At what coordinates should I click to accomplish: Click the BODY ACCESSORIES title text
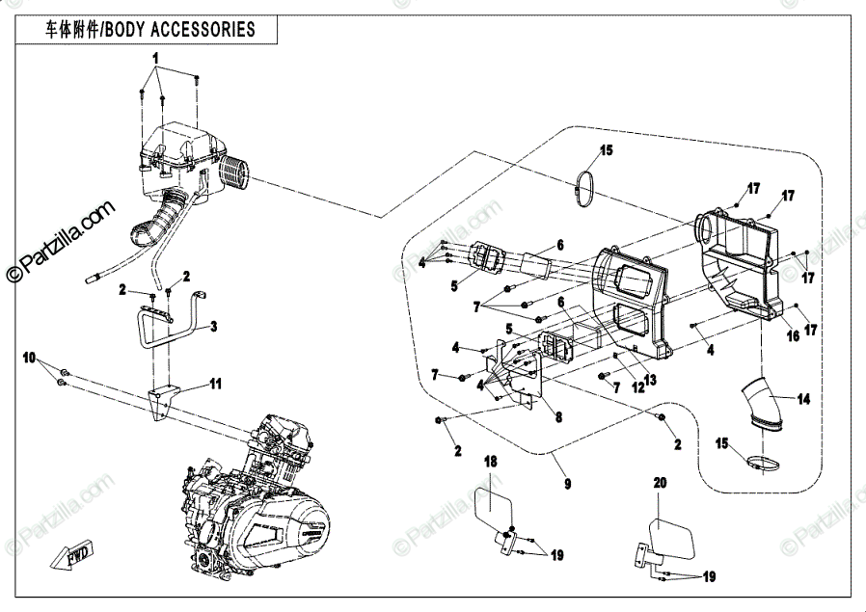(150, 30)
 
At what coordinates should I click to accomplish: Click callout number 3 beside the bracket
(214, 327)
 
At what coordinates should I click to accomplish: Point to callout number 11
(216, 384)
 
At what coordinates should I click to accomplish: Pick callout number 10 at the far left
(30, 358)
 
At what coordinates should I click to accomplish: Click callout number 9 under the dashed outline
(566, 482)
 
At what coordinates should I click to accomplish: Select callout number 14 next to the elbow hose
(804, 397)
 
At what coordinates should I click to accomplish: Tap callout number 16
(793, 336)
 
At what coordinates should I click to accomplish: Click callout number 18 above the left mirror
(490, 462)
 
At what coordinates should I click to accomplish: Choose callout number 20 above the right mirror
(660, 481)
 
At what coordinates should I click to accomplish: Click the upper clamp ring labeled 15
(584, 189)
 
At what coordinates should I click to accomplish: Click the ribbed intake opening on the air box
(236, 176)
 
